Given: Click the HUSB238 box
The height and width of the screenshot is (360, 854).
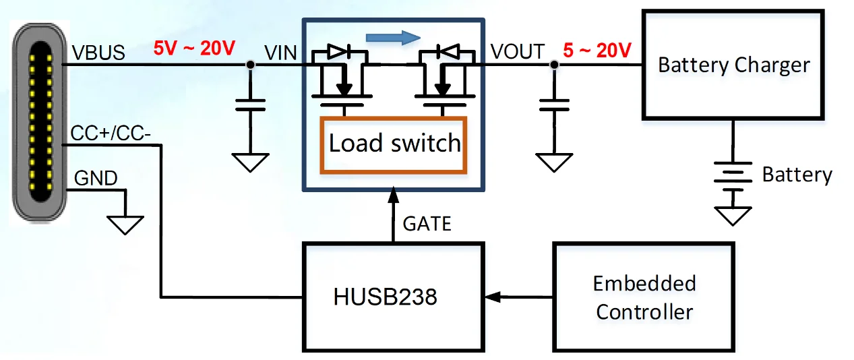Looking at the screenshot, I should coord(393,297).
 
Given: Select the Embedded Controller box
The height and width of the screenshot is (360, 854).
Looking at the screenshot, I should coord(644,297).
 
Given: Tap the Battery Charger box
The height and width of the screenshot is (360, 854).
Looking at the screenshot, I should coord(733,65).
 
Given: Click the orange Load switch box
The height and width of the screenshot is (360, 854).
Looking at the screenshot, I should coord(394,144).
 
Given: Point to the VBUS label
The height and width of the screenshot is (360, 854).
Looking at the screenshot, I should coord(98,53).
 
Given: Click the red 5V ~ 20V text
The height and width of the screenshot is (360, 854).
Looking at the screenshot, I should coord(194,49).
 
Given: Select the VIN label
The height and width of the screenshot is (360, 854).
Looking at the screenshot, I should coord(280,53).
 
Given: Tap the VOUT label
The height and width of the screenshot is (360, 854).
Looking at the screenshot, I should coord(518,51).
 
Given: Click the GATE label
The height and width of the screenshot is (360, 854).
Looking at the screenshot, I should coord(426,224).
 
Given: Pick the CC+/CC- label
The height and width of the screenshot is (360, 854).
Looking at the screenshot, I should coord(111,134).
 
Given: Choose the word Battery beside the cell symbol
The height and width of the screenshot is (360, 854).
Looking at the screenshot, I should coord(797,175).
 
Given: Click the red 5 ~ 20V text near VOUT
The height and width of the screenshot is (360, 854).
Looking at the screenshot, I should coord(597,51).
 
